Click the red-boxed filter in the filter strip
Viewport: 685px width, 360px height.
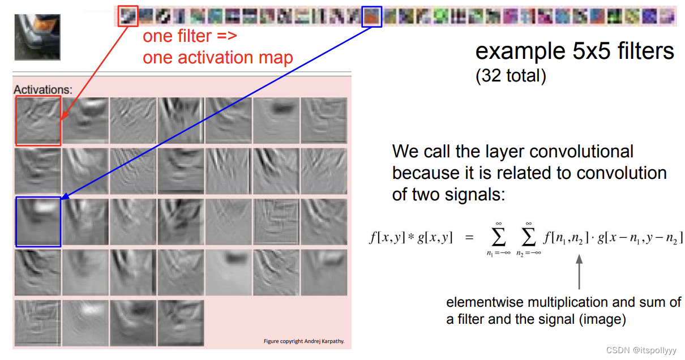click(128, 16)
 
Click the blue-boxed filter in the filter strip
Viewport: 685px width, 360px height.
click(372, 16)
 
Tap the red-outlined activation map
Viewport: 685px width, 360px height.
click(38, 121)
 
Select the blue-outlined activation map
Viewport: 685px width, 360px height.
click(38, 222)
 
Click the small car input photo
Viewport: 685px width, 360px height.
click(37, 37)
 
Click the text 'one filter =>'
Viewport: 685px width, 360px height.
click(189, 37)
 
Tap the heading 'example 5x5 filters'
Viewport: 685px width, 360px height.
click(574, 52)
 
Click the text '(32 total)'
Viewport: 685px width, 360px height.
click(510, 75)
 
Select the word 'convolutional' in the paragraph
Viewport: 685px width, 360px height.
click(577, 152)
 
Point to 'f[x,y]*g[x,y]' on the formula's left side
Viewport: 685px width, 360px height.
click(410, 238)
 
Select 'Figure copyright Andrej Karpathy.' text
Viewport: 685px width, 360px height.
click(303, 341)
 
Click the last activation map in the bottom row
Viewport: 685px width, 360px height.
click(181, 323)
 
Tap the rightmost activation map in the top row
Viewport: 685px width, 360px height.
click(323, 121)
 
